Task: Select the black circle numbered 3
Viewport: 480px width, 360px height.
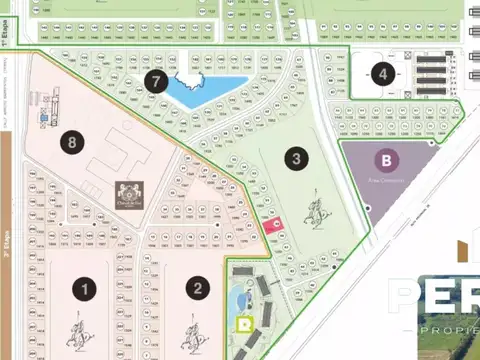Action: pyautogui.click(x=296, y=158)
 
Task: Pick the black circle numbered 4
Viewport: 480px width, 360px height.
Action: pyautogui.click(x=381, y=73)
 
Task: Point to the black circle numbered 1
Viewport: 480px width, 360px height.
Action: pyautogui.click(x=86, y=289)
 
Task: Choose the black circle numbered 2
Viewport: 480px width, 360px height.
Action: pyautogui.click(x=199, y=289)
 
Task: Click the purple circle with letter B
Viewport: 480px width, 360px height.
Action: pyautogui.click(x=385, y=160)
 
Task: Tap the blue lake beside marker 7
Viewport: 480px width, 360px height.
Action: pyautogui.click(x=205, y=90)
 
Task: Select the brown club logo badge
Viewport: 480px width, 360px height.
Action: pyautogui.click(x=128, y=190)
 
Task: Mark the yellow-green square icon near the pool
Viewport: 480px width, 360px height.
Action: pyautogui.click(x=244, y=323)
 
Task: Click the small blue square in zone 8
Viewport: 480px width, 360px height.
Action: pyautogui.click(x=44, y=117)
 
